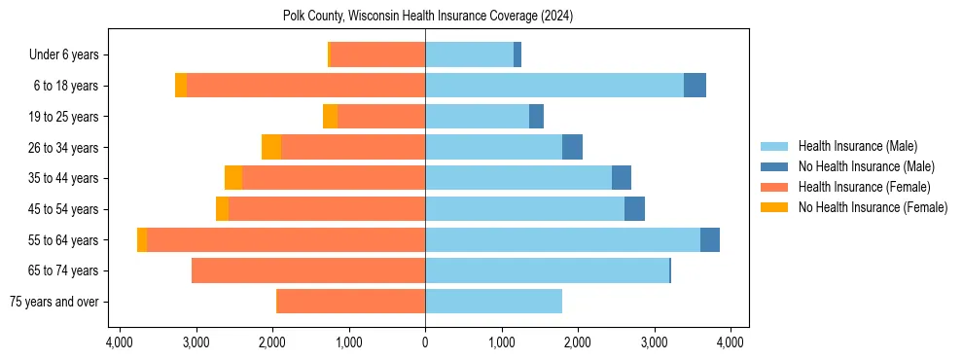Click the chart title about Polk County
coord(425,17)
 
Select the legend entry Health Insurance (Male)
coord(857,146)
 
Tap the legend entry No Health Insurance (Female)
coord(872,207)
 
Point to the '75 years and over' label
coord(56,302)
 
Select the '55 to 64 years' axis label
coord(63,240)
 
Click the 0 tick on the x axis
coord(425,342)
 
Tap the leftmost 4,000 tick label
coord(120,342)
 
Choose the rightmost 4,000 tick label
coord(731,342)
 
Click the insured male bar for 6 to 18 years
coord(554,86)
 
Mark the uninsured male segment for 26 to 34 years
coord(572,147)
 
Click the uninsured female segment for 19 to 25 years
coord(330,117)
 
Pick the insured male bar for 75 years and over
coord(493,302)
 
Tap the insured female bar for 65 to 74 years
coord(308,270)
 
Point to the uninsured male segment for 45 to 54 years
coord(634,209)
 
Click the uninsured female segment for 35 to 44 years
coord(233,178)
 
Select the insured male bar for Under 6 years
coord(469,55)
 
